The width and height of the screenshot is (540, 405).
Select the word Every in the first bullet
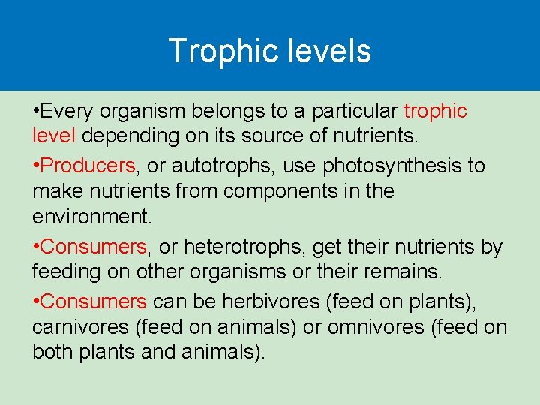pyautogui.click(x=67, y=112)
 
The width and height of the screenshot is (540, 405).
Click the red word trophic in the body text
pyautogui.click(x=435, y=112)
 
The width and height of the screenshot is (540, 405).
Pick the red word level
pyautogui.click(x=54, y=137)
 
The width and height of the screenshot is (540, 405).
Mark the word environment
pyautogui.click(x=92, y=217)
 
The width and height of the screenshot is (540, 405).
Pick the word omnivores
pyautogui.click(x=390, y=328)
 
